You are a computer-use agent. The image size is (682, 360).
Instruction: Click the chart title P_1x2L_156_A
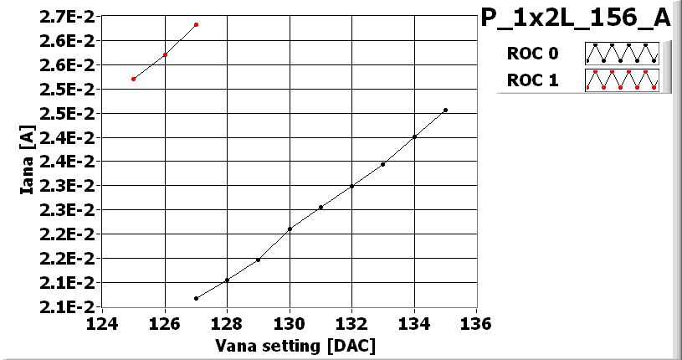576,18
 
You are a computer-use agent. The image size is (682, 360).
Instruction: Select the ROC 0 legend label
531,54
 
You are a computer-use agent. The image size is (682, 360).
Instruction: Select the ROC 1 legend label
531,80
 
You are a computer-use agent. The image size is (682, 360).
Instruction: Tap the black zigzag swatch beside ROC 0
622,54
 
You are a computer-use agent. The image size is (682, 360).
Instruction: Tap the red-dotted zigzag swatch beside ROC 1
622,80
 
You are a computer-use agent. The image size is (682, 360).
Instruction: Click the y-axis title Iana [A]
27,159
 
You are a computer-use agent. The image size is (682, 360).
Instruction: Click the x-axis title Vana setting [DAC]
295,345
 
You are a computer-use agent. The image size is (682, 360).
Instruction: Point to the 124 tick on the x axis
103,323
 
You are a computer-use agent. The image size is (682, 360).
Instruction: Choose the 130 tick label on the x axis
290,323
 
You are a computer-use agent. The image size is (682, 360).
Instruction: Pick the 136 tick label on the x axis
476,323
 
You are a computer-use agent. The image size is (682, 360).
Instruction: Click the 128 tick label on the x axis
227,323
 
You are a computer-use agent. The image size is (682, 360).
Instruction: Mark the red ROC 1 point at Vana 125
134,79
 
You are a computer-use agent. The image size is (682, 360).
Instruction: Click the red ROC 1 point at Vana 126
165,55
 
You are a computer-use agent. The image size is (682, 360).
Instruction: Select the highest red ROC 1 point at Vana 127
196,25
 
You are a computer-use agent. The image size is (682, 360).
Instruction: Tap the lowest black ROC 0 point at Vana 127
196,298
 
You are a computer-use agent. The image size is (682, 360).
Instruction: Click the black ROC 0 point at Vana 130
290,229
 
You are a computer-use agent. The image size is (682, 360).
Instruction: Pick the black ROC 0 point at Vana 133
382,164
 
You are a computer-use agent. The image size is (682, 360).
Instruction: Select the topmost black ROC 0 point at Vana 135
445,110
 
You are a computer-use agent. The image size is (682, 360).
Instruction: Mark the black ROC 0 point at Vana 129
258,260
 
